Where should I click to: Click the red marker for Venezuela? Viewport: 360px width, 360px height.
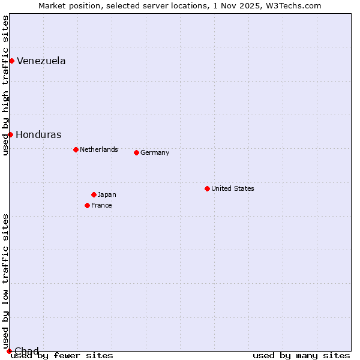click(x=11, y=61)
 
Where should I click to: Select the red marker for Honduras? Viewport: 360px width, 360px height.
click(x=10, y=134)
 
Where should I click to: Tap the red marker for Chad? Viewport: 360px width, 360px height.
click(x=9, y=351)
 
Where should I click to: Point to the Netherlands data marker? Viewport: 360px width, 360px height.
click(x=76, y=149)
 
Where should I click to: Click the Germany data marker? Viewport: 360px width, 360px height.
click(x=136, y=152)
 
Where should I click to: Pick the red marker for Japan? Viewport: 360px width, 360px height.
click(x=94, y=194)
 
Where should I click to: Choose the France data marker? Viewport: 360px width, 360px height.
click(x=87, y=205)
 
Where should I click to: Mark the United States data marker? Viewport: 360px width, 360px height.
click(x=207, y=188)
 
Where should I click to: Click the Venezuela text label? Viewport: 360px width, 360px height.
click(x=41, y=61)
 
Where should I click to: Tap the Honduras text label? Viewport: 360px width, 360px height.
click(x=38, y=134)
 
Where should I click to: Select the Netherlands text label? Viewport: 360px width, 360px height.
click(x=98, y=149)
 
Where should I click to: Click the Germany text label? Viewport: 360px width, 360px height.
click(x=155, y=152)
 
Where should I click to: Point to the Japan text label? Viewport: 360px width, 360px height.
click(x=107, y=194)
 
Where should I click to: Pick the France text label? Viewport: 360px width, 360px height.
click(x=101, y=205)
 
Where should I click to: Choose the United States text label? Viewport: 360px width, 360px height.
click(x=232, y=188)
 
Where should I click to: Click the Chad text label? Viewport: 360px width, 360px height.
click(x=26, y=350)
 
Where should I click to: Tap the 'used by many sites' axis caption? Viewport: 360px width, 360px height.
click(x=301, y=355)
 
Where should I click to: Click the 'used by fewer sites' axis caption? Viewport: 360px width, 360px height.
click(x=62, y=355)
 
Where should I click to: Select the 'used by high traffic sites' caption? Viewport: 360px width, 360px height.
click(x=5, y=85)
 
